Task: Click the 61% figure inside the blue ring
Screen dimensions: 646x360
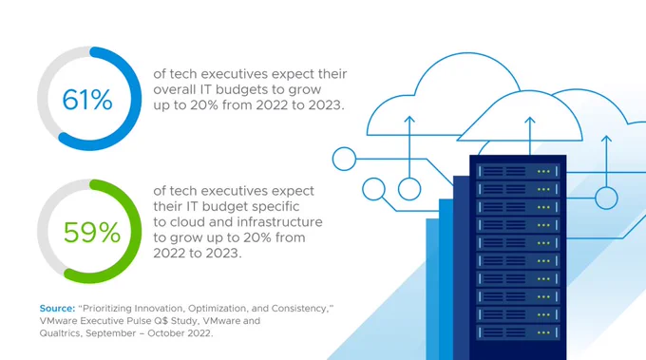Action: pyautogui.click(x=87, y=100)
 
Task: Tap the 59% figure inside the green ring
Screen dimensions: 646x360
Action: pyautogui.click(x=92, y=233)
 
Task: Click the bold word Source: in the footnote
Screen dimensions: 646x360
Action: pyautogui.click(x=57, y=308)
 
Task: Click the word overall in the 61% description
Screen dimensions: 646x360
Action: pyautogui.click(x=175, y=89)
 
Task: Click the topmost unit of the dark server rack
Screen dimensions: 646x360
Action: pyautogui.click(x=518, y=171)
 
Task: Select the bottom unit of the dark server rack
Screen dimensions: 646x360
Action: pyautogui.click(x=518, y=332)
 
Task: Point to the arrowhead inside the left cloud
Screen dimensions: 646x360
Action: pyautogui.click(x=409, y=120)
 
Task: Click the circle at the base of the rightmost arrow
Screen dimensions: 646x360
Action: pyautogui.click(x=606, y=199)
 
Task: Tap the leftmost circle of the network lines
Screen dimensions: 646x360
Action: pyautogui.click(x=344, y=159)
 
